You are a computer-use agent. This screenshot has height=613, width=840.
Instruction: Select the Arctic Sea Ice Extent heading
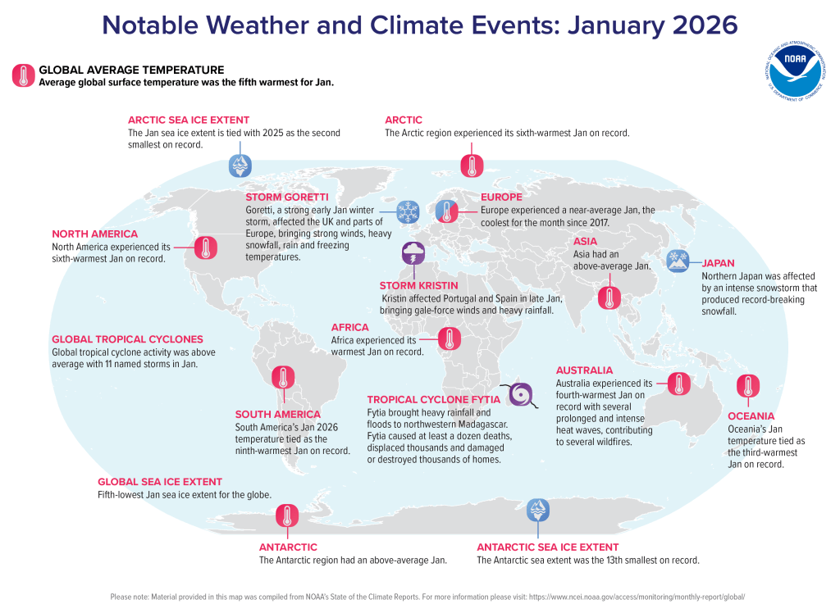coord(189,120)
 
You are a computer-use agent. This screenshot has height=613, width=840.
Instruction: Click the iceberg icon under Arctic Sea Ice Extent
coord(240,166)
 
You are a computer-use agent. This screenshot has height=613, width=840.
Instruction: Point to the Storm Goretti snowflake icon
coord(408,212)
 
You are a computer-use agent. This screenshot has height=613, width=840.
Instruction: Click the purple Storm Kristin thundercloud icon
coord(413,254)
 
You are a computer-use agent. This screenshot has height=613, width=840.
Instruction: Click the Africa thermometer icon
coord(450,338)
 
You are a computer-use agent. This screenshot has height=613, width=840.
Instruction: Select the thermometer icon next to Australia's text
coord(678,384)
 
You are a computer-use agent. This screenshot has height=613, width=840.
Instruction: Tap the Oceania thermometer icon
coord(747,387)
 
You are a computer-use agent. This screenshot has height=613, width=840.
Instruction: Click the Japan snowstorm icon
coord(678,261)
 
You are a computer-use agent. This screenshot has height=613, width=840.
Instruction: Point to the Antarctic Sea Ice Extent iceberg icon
coord(538,511)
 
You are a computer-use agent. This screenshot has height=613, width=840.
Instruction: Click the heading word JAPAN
coord(718,264)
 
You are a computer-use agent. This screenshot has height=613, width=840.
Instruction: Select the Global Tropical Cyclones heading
coord(127,339)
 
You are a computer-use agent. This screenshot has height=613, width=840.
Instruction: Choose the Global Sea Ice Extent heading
coord(160,482)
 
